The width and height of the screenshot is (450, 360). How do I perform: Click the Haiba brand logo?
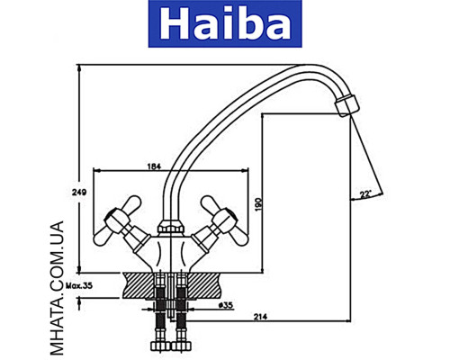click(226, 24)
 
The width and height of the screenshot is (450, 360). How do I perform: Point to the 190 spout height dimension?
click(258, 205)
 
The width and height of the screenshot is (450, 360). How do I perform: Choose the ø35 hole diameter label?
click(225, 305)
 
